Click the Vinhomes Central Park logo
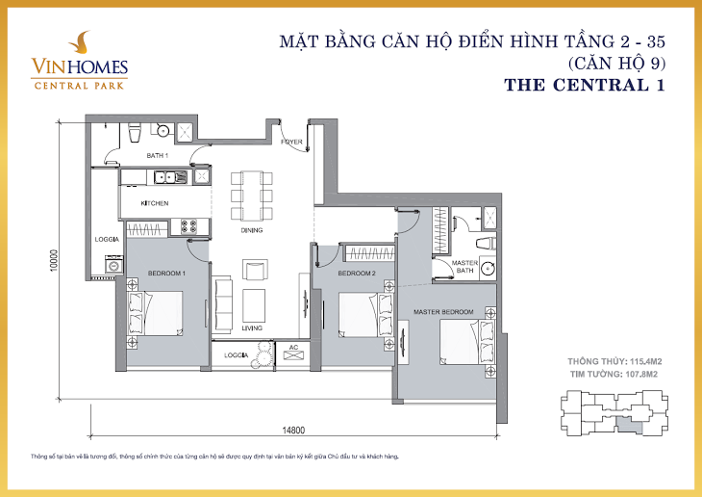pos(79,60)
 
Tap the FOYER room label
pos(291,142)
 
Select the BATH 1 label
pos(157,156)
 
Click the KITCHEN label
pos(155,203)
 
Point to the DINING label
pos(252,230)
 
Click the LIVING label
pos(252,327)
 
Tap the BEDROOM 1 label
pos(166,274)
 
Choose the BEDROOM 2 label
pos(357,274)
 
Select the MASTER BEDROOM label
pos(443,312)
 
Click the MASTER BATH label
pos(464,267)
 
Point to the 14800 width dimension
pos(293,431)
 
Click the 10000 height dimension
pos(54,261)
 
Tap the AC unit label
pos(293,348)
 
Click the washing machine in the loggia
pos(113,265)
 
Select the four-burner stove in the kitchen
pos(189,226)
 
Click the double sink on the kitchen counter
pos(170,177)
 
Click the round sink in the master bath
pos(488,269)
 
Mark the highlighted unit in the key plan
pos(629,423)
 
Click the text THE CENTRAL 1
pos(585,85)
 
